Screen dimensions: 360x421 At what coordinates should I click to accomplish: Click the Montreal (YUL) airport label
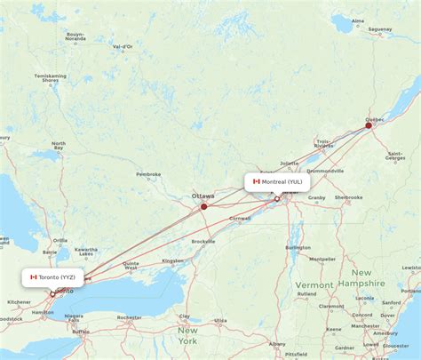(277, 181)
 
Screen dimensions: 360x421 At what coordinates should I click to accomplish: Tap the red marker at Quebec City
(369, 125)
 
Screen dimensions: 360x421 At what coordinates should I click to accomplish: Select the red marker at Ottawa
(203, 206)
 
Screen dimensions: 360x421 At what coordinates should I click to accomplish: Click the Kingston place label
(172, 260)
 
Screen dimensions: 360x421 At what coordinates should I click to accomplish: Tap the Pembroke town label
(147, 174)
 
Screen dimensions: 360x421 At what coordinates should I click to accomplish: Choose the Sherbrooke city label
(348, 197)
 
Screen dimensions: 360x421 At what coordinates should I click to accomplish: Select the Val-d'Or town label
(122, 45)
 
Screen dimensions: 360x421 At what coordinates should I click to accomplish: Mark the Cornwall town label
(239, 219)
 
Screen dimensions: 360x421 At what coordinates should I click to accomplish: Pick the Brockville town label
(203, 241)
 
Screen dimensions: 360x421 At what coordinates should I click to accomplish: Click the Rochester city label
(129, 317)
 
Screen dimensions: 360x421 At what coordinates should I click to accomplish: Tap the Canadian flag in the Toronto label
(34, 277)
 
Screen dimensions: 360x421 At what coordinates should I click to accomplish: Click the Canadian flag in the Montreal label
(256, 181)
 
